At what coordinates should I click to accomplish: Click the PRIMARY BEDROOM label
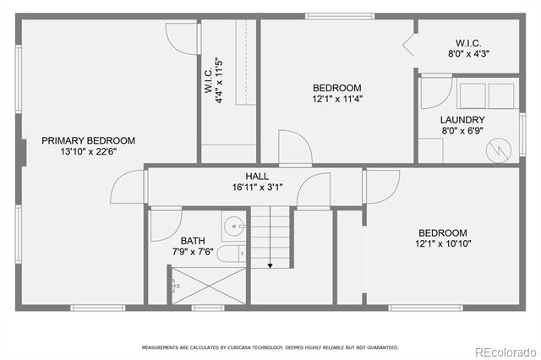tap(88, 140)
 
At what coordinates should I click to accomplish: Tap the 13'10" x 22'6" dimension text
tap(89, 152)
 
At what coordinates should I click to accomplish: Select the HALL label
tap(257, 177)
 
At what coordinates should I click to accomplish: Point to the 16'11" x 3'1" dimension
tap(257, 188)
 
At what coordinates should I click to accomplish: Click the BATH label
tap(193, 241)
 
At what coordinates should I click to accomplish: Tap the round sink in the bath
tap(234, 226)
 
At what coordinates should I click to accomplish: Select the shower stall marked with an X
tap(209, 286)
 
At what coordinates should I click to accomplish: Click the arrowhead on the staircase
tap(270, 265)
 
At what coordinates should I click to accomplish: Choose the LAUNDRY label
tap(462, 120)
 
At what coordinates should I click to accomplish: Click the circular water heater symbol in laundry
tap(499, 150)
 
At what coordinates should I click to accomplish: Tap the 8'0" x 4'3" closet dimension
tap(468, 54)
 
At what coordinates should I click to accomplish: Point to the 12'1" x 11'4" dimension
tap(337, 100)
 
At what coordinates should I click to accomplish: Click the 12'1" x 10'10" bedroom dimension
tap(443, 243)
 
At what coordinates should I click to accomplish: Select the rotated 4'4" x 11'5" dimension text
tap(219, 80)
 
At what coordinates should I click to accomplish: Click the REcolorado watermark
tap(505, 352)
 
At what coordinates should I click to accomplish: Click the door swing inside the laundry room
tap(436, 93)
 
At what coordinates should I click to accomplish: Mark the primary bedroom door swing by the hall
tap(127, 187)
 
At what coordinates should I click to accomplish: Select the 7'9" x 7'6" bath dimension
tap(193, 252)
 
